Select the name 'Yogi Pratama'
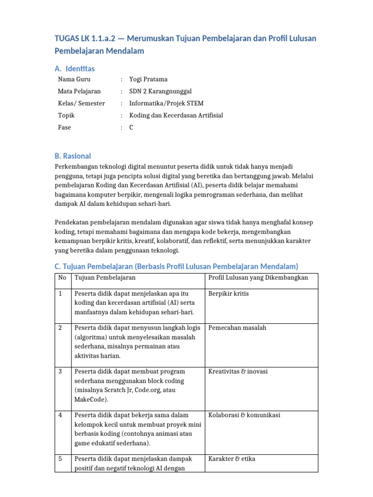[148, 79]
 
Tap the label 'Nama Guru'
[74, 79]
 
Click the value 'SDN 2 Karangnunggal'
[160, 91]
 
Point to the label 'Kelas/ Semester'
[81, 103]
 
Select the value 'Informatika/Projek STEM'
[166, 103]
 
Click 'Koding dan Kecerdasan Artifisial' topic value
[176, 116]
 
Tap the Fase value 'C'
[131, 128]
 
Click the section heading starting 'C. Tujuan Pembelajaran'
[176, 266]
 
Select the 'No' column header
[62, 278]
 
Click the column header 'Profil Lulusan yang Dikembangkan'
[258, 278]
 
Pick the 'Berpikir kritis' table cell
[228, 294]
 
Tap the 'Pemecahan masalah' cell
[237, 328]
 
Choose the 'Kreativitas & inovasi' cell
[238, 372]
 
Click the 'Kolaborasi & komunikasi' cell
[244, 415]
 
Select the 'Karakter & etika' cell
[232, 459]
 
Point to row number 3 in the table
[60, 372]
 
